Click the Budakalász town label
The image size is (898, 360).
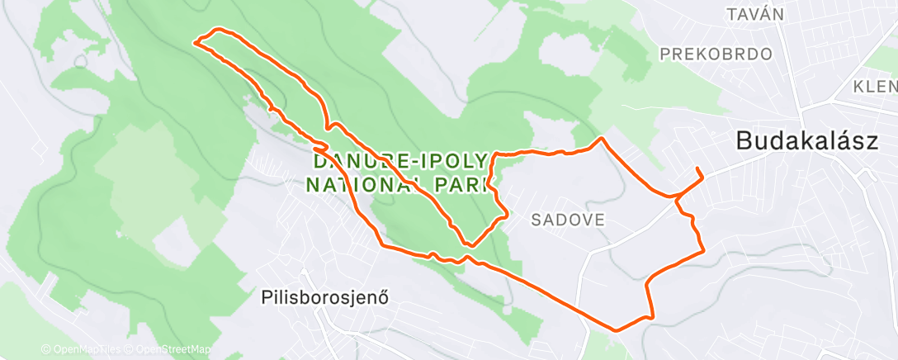(806, 142)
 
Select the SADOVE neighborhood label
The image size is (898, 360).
(569, 220)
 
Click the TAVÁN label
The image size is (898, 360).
(753, 14)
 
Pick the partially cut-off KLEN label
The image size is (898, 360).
(875, 87)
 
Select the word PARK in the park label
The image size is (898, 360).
(464, 182)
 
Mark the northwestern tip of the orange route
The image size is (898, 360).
(196, 40)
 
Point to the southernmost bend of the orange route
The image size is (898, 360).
(616, 329)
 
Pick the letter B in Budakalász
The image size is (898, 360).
(744, 142)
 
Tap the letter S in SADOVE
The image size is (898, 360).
(536, 220)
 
